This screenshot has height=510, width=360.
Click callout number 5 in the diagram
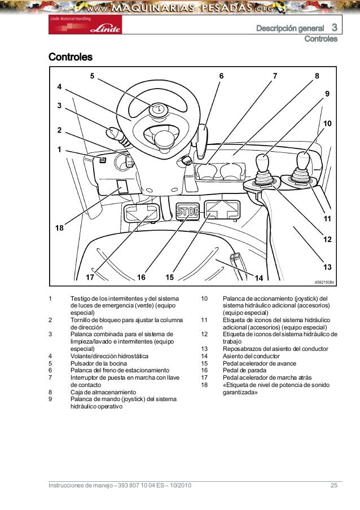(93, 76)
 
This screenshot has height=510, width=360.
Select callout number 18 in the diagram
(59, 228)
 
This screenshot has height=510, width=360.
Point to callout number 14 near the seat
(259, 278)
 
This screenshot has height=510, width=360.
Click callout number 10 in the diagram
(326, 123)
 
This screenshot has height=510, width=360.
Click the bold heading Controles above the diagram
(71, 58)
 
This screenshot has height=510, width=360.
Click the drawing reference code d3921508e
(324, 282)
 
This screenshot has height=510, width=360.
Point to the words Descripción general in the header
(290, 28)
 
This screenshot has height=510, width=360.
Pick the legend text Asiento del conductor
(252, 356)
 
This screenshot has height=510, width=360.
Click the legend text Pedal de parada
(244, 371)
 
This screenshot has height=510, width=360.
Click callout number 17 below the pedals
(90, 278)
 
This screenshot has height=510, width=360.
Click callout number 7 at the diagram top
(275, 76)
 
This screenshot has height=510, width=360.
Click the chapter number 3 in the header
(334, 28)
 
